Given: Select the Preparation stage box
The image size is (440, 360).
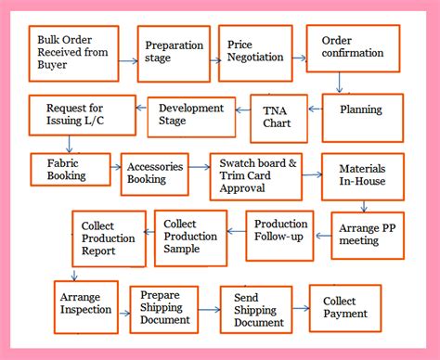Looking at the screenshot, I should point(173,54).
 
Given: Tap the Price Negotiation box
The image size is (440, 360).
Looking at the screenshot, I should point(252,53).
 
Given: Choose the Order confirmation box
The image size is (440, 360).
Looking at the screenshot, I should point(353,48).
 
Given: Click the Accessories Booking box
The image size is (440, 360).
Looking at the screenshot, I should point(154,174).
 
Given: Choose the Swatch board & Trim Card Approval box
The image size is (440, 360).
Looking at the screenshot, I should point(254,176).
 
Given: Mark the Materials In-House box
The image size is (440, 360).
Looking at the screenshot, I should point(362,176).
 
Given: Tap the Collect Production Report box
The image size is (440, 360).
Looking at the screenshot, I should point(109,238).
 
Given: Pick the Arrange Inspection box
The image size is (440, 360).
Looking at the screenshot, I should point(85,302).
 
